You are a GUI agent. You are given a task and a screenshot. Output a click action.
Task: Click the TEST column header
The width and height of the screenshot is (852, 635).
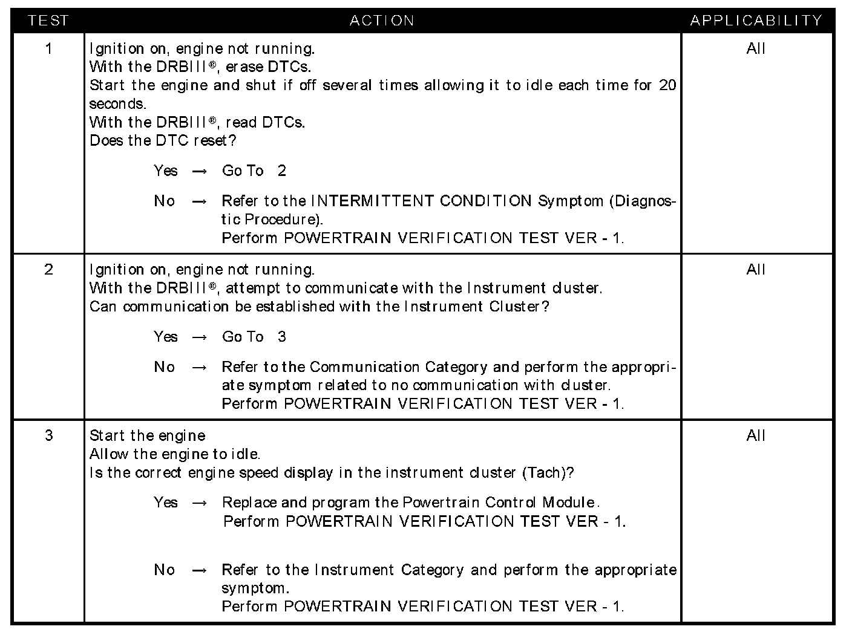[48, 21]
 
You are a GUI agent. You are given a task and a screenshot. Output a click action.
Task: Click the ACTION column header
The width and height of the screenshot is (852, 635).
[382, 21]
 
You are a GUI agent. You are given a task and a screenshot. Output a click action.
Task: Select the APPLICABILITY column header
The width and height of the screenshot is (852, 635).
[756, 21]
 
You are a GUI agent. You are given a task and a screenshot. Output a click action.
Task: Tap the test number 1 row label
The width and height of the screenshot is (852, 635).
[48, 48]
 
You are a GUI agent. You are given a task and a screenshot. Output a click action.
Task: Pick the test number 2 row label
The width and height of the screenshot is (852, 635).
[48, 270]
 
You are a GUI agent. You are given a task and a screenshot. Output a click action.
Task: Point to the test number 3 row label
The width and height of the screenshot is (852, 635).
[48, 435]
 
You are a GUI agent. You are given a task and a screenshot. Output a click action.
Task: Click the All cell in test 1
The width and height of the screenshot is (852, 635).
[756, 48]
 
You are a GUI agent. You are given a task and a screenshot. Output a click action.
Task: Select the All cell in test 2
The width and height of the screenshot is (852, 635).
[756, 270]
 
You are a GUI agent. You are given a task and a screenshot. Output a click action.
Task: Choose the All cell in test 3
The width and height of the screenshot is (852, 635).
[756, 435]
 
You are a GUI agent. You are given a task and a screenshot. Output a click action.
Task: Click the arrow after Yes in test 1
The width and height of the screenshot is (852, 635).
[200, 172]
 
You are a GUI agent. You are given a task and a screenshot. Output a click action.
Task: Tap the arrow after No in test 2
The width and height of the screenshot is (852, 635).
[200, 368]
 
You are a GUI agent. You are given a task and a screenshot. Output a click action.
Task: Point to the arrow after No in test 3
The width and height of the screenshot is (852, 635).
[200, 570]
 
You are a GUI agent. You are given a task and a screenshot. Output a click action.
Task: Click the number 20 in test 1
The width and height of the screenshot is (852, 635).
[667, 85]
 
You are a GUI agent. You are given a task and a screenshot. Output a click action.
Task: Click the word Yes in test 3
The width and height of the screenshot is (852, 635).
[165, 503]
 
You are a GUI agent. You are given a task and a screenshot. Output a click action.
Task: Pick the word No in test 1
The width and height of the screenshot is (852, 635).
[164, 201]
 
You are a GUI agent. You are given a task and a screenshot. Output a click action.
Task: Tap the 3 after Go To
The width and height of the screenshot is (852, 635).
[281, 337]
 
